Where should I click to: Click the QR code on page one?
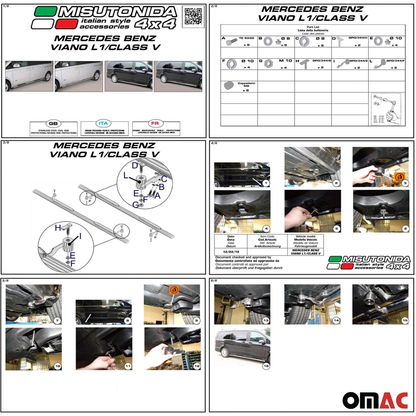click(x=193, y=16)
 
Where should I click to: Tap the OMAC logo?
click(x=375, y=400)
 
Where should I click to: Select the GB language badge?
click(x=53, y=124)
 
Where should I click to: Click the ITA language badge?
click(x=103, y=123)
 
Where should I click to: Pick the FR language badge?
click(x=155, y=123)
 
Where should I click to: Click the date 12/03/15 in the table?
click(x=231, y=252)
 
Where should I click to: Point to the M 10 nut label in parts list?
click(x=285, y=61)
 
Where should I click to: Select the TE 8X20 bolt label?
click(x=246, y=38)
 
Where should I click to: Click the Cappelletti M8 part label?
click(x=246, y=84)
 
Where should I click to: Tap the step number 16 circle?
click(x=266, y=366)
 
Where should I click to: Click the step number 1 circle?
click(x=266, y=183)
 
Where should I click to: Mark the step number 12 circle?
click(x=197, y=366)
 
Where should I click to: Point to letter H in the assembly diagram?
click(x=58, y=228)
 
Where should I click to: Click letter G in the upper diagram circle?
click(x=135, y=205)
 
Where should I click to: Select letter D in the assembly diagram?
click(x=135, y=166)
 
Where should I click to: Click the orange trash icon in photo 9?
click(x=174, y=290)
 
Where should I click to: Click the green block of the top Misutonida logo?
click(x=45, y=12)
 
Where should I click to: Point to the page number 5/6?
click(x=5, y=280)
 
